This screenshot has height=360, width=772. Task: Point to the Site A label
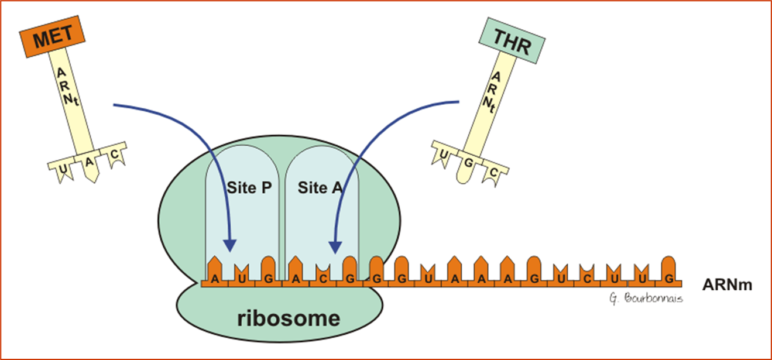point(320,188)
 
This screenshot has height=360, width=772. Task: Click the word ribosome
point(289,318)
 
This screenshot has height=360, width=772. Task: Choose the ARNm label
point(728,285)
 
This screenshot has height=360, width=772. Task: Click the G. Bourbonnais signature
point(646,298)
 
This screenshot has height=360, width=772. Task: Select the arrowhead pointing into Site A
point(335,247)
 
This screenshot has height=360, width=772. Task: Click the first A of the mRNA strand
point(215,278)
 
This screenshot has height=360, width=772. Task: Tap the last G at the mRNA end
point(668,278)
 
